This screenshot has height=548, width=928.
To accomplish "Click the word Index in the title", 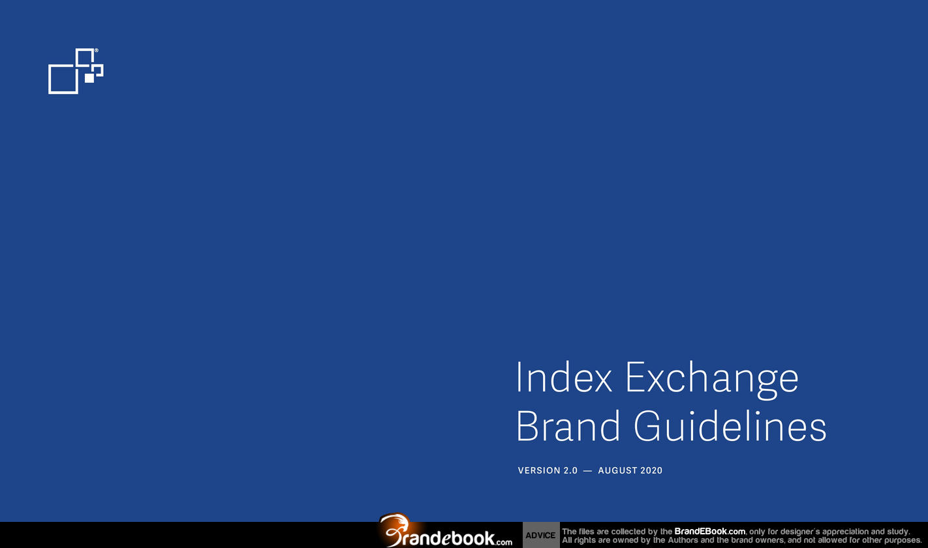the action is tap(564, 376).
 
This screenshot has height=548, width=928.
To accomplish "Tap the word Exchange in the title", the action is tap(712, 380).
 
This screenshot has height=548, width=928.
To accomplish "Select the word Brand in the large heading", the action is tap(568, 426).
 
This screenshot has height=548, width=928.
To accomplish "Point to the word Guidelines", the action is tap(730, 426).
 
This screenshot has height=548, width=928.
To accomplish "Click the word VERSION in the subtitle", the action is tap(539, 470).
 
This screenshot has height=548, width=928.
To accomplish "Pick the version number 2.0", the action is tap(570, 470).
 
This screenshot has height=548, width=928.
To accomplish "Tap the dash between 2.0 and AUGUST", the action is tap(587, 471).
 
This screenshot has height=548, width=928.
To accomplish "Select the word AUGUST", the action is tap(618, 470).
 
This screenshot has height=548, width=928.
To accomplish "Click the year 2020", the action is tap(651, 470).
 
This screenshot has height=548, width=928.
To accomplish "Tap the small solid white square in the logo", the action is tap(89, 78).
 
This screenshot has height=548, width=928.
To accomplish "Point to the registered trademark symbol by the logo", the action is tap(97, 50).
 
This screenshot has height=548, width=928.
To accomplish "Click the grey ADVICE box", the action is tap(540, 535).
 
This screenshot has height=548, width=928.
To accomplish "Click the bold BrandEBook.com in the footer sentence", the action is tap(709, 532).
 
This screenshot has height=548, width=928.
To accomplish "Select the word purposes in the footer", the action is tap(903, 541).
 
